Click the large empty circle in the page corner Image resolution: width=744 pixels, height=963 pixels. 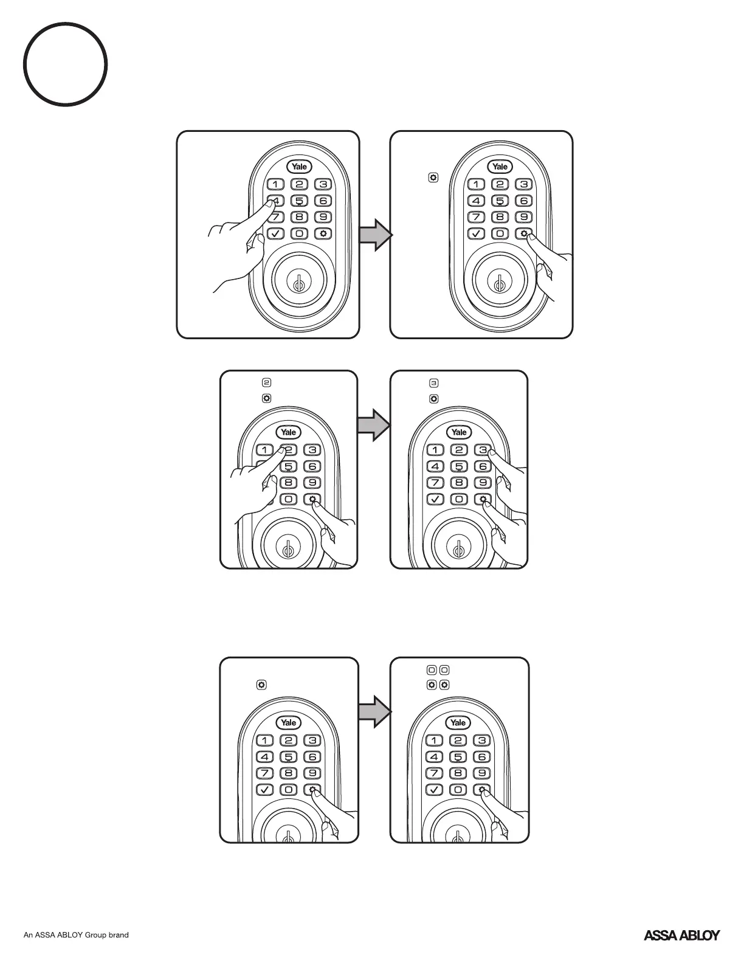coord(66,64)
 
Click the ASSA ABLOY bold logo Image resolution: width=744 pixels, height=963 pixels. coord(681,935)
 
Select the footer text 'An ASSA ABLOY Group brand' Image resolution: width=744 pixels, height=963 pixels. coord(76,935)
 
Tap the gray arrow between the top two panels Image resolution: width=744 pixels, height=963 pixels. coord(375,235)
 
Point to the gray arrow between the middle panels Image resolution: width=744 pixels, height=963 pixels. coord(373,424)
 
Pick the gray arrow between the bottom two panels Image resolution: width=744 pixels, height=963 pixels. coord(373,711)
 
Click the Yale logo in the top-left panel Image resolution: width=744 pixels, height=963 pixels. coord(300,167)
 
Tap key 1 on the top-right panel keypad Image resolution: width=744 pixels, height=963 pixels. coord(476,184)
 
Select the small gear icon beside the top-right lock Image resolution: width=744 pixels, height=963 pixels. coord(433,178)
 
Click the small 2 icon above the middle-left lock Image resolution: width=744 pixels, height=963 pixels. coord(266,383)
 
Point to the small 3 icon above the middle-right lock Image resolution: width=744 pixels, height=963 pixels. coord(433,383)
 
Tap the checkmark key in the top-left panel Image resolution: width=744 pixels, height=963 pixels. coord(275,233)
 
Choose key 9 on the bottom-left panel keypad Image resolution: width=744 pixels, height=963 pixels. coord(312,773)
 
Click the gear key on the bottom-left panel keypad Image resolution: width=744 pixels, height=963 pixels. coord(312,790)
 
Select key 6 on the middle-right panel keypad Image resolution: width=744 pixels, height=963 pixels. coord(483,466)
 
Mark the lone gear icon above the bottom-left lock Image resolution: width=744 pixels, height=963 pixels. coord(261,685)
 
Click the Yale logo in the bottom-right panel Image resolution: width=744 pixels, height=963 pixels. coord(458,722)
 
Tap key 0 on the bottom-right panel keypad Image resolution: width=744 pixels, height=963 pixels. coord(458,790)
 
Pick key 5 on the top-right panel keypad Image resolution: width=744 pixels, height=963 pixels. coord(500,201)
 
